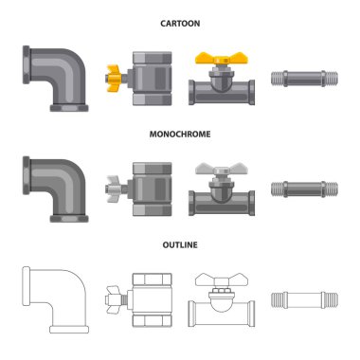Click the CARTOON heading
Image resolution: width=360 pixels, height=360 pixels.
coord(180,24)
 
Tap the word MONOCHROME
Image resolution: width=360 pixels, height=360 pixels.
coord(180,135)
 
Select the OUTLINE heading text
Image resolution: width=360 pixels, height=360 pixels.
coord(180,245)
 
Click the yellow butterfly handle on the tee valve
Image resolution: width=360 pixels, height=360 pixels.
coord(222,59)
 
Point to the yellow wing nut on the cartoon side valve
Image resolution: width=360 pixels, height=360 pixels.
coord(114,78)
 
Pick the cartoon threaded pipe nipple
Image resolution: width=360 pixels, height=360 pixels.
coord(304,79)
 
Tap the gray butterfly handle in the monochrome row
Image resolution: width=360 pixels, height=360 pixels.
coord(222,169)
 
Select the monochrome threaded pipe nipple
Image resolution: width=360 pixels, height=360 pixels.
coord(304,189)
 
